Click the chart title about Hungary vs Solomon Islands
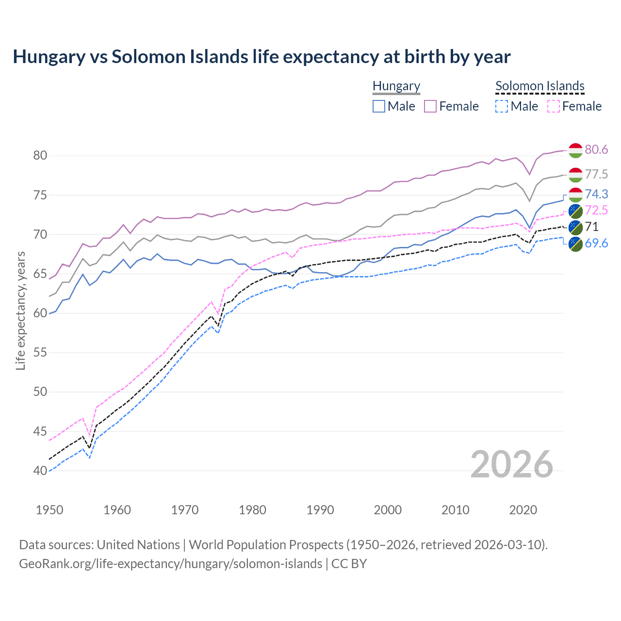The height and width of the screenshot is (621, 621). pyautogui.click(x=261, y=57)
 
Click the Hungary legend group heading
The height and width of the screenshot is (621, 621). pyautogui.click(x=396, y=86)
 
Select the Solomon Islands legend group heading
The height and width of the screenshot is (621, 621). pyautogui.click(x=540, y=86)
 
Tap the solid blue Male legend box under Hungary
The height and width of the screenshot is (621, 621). pyautogui.click(x=379, y=106)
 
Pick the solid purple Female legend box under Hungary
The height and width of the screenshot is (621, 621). pyautogui.click(x=430, y=106)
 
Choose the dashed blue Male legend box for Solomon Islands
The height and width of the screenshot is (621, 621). pyautogui.click(x=502, y=106)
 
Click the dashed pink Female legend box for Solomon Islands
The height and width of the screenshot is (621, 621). pyautogui.click(x=553, y=106)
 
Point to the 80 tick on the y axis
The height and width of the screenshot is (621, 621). pyautogui.click(x=40, y=156)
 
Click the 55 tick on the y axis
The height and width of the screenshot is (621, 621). pyautogui.click(x=40, y=353)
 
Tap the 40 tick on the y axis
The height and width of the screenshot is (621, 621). pyautogui.click(x=40, y=471)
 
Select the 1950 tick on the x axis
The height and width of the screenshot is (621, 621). pyautogui.click(x=49, y=510)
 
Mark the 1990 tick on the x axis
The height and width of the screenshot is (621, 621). pyautogui.click(x=320, y=510)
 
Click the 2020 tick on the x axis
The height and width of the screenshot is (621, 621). pyautogui.click(x=523, y=510)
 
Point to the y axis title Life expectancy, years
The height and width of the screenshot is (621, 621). pyautogui.click(x=21, y=310)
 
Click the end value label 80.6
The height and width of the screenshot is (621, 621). pyautogui.click(x=596, y=150)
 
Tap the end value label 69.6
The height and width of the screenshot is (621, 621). pyautogui.click(x=596, y=244)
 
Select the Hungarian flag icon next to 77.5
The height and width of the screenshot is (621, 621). pyautogui.click(x=575, y=175)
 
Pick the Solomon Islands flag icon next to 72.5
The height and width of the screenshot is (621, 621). pyautogui.click(x=575, y=211)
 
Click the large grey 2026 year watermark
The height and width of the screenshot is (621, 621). pyautogui.click(x=512, y=464)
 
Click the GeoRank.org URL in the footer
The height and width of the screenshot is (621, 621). pyautogui.click(x=170, y=564)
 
